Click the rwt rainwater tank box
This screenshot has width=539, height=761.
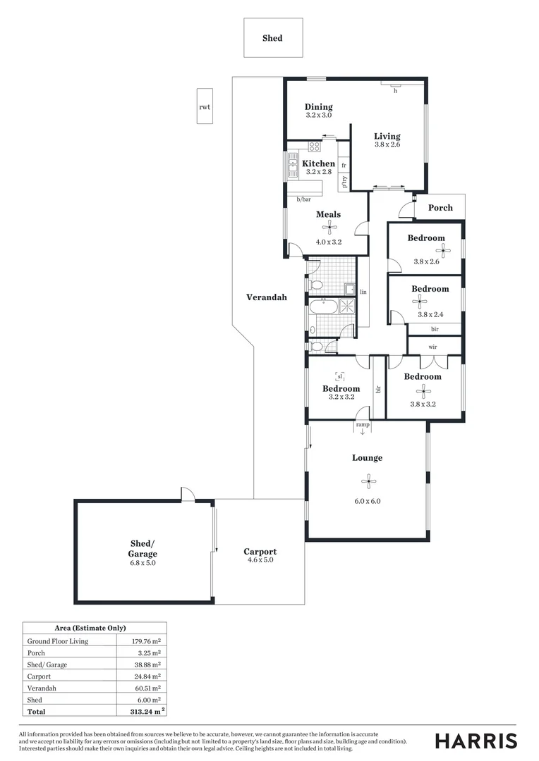(x=205, y=106)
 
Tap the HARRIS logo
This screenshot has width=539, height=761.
(x=476, y=741)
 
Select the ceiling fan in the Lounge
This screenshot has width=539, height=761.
(x=367, y=482)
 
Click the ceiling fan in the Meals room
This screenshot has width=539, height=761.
(x=329, y=227)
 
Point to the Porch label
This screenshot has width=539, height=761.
(x=440, y=208)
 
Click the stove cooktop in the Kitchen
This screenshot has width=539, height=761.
(x=315, y=147)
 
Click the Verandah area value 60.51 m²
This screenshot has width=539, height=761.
(x=146, y=688)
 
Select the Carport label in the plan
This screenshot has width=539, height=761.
(x=260, y=552)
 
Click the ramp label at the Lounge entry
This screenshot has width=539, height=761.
(x=363, y=425)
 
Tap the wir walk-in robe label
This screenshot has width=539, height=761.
(x=433, y=347)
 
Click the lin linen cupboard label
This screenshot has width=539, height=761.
(x=363, y=292)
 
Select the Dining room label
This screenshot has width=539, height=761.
(x=318, y=107)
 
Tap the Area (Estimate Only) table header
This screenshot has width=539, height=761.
(x=90, y=627)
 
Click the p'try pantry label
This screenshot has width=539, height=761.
(x=344, y=182)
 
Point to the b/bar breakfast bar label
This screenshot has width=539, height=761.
(x=303, y=200)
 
